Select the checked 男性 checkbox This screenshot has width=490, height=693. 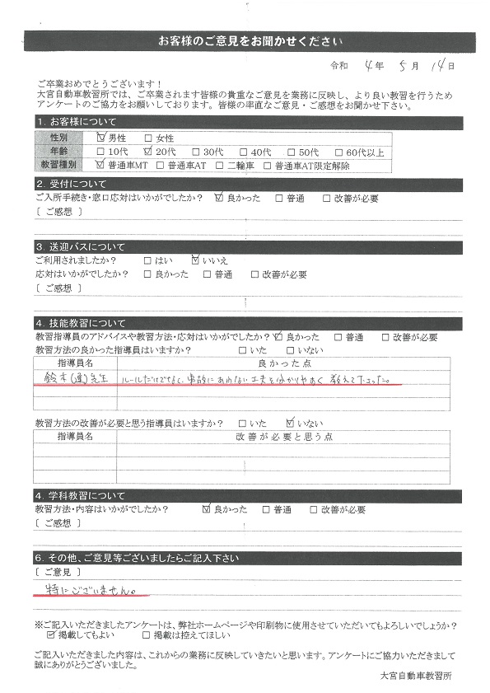101,138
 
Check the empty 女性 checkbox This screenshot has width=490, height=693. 148,138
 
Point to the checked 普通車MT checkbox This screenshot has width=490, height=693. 101,165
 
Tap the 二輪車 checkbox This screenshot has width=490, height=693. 219,165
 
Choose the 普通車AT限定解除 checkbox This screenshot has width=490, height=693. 267,165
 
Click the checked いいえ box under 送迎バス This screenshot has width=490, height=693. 195,260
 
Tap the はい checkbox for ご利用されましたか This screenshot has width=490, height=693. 148,260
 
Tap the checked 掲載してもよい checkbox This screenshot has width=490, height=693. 53,635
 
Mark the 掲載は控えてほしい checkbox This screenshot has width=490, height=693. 147,635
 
